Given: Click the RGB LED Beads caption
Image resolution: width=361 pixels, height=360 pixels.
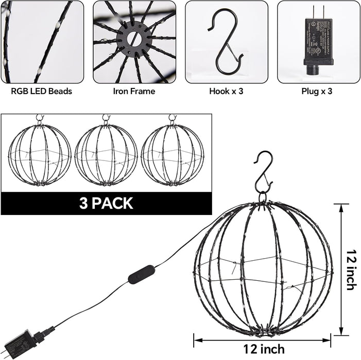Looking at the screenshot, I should tap(42, 92).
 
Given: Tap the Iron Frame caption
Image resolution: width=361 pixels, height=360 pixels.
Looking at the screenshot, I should tap(134, 92).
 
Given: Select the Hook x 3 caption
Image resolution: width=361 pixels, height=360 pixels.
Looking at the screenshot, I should tap(226, 92).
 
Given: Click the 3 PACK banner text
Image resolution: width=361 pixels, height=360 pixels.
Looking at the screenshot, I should tap(106, 203).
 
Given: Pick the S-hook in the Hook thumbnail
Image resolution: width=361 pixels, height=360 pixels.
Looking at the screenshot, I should tap(226, 41).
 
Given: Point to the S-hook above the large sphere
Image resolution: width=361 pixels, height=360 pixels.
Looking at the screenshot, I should tap(263, 171).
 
